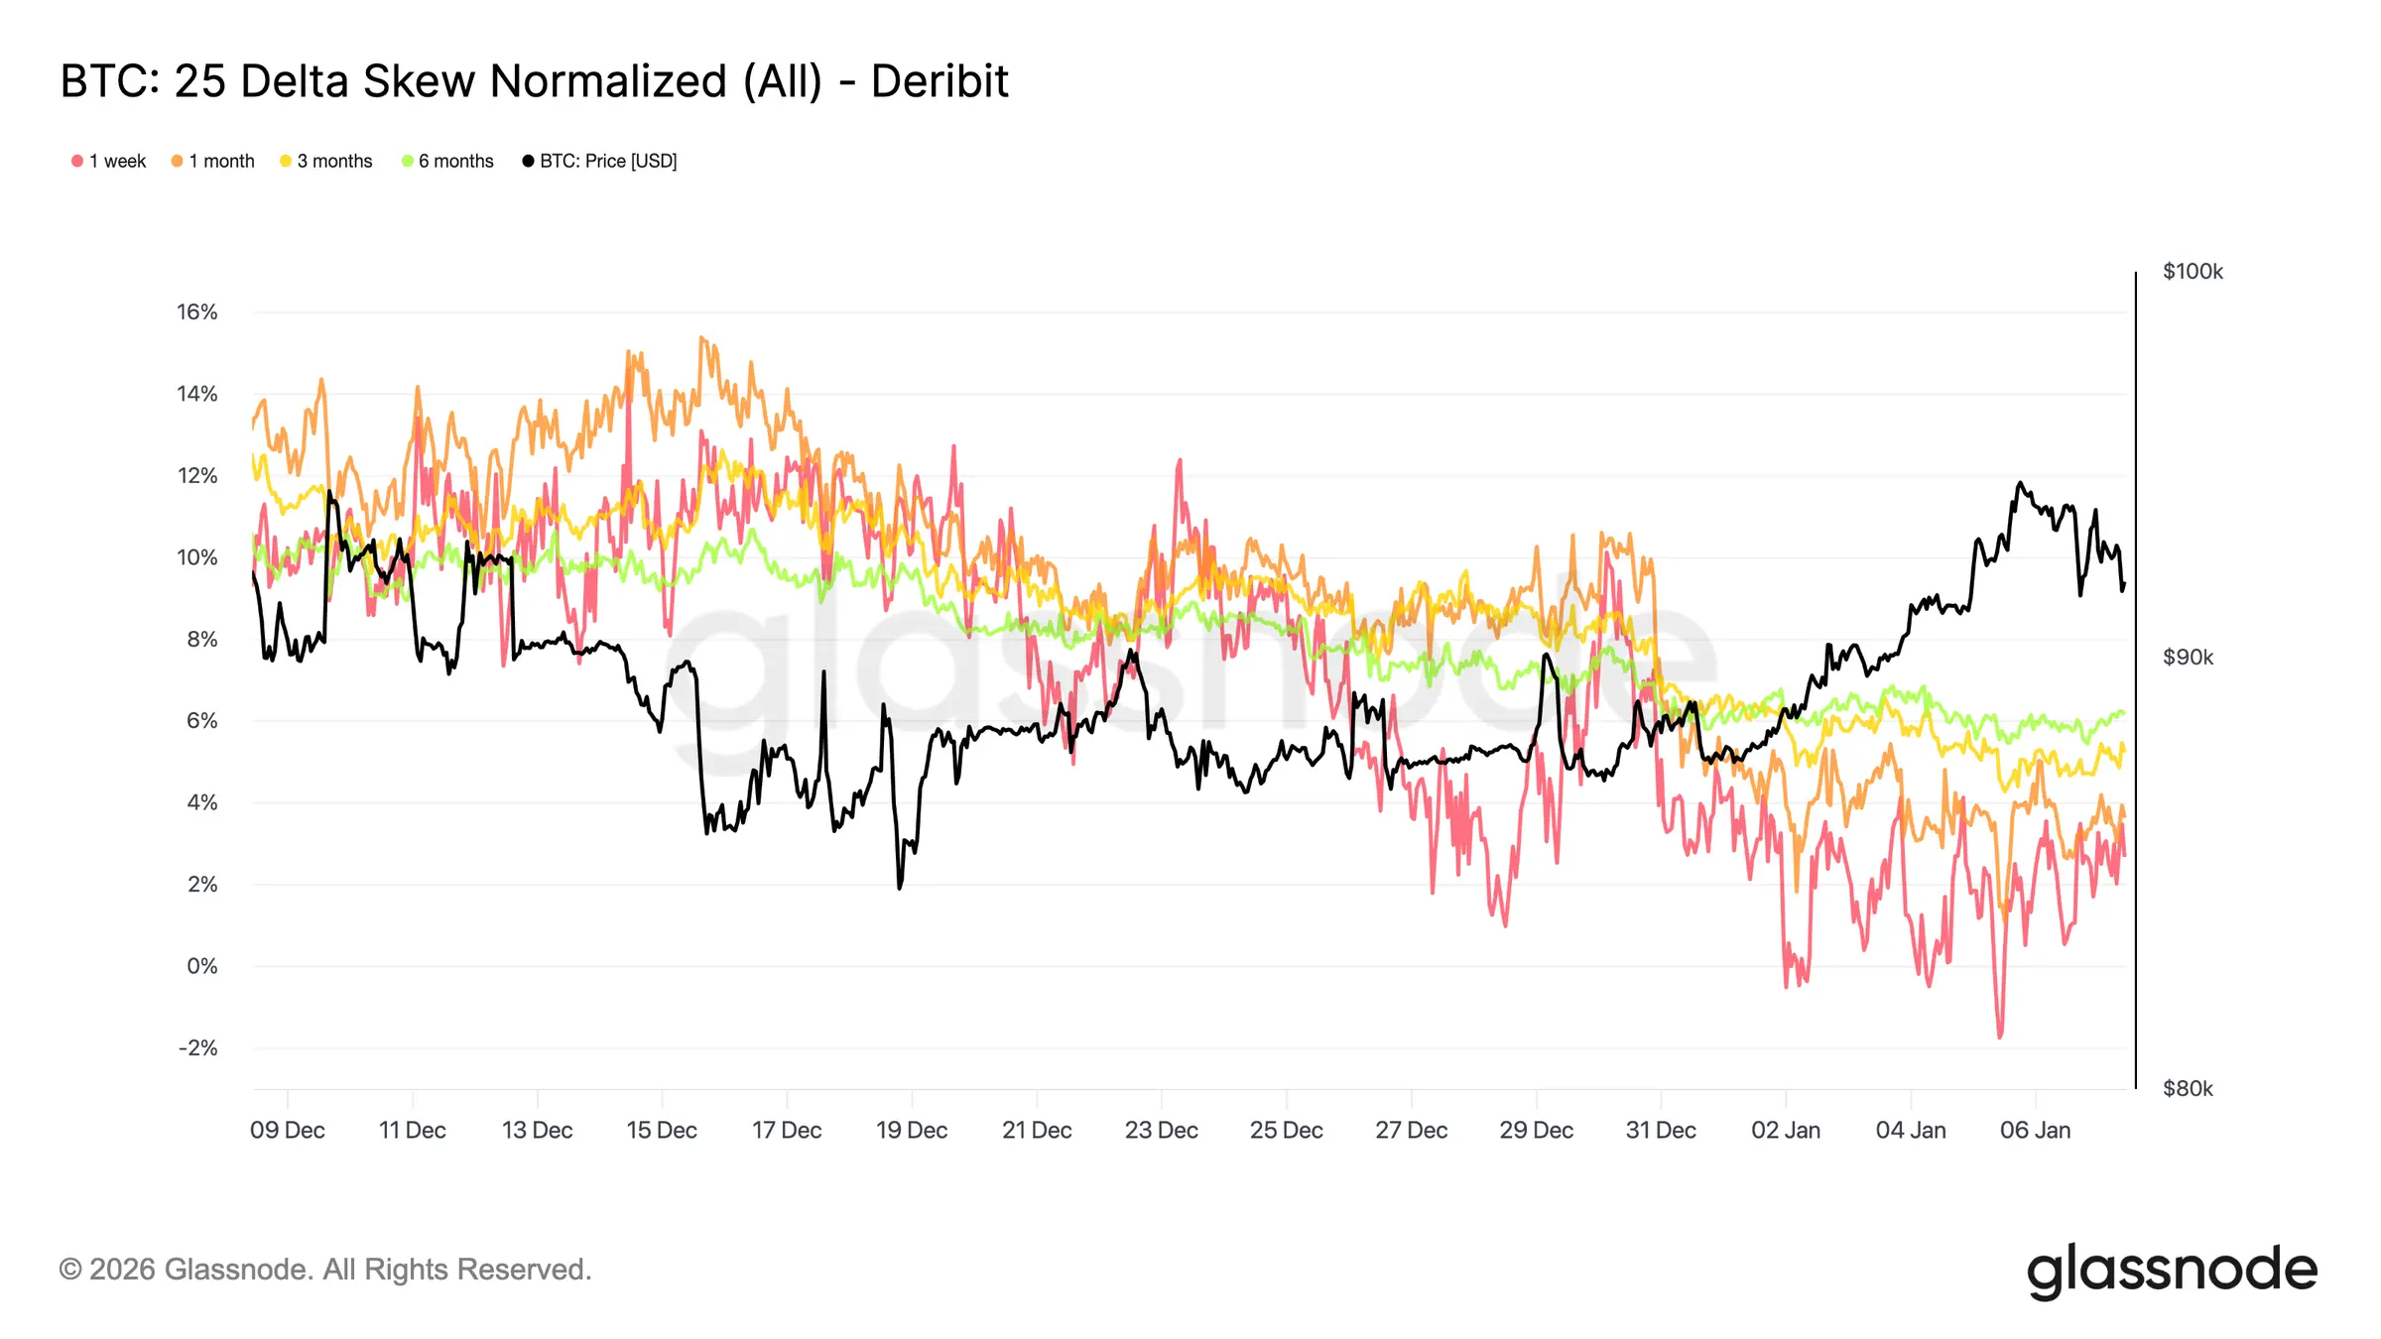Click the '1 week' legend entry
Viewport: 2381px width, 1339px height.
point(109,161)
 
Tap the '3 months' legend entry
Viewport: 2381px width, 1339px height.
point(326,161)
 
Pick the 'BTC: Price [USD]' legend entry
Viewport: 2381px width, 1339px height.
point(600,161)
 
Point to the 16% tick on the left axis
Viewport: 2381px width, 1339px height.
point(197,312)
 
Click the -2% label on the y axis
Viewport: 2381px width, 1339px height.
point(198,1048)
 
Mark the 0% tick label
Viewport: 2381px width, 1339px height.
point(202,966)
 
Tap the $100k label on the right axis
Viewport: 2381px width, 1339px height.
point(2193,272)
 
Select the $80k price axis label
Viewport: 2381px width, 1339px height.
point(2188,1089)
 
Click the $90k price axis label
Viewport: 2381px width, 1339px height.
point(2188,658)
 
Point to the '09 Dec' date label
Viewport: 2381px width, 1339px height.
point(288,1131)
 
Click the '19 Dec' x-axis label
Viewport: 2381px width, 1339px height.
point(912,1131)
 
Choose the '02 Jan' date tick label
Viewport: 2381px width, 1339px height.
point(1786,1131)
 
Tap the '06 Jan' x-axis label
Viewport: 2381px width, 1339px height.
point(2035,1131)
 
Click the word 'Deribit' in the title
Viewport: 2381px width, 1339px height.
point(940,81)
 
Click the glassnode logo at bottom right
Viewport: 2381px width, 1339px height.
point(2172,1271)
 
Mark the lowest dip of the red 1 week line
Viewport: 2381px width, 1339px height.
point(1999,1036)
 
